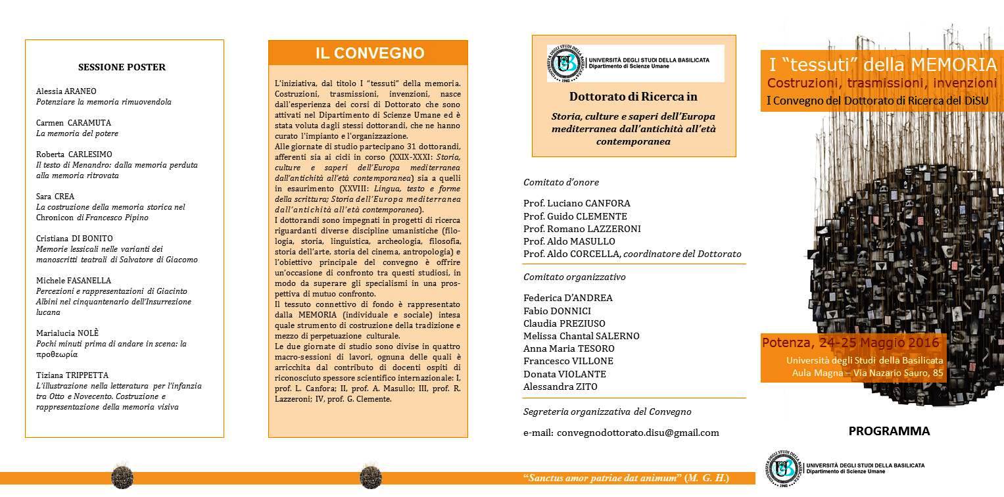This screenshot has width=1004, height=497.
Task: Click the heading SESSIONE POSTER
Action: click(122, 67)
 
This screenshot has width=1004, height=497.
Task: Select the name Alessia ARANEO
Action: click(66, 91)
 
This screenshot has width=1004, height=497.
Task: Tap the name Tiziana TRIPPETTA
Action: click(72, 375)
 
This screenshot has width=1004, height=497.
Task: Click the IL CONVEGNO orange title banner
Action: click(368, 53)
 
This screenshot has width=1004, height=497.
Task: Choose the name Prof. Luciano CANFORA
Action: click(577, 203)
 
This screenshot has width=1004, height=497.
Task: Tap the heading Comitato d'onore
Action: click(561, 182)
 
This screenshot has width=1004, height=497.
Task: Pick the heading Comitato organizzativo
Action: click(574, 277)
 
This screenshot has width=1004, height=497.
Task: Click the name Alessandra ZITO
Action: click(560, 387)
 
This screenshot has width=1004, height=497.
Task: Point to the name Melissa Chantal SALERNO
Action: click(581, 336)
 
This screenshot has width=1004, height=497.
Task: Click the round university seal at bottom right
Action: click(782, 469)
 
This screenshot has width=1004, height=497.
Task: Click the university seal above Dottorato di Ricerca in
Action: click(563, 63)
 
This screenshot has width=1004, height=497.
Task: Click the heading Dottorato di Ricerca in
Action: click(633, 97)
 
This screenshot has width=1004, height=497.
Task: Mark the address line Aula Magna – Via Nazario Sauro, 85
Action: click(868, 373)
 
